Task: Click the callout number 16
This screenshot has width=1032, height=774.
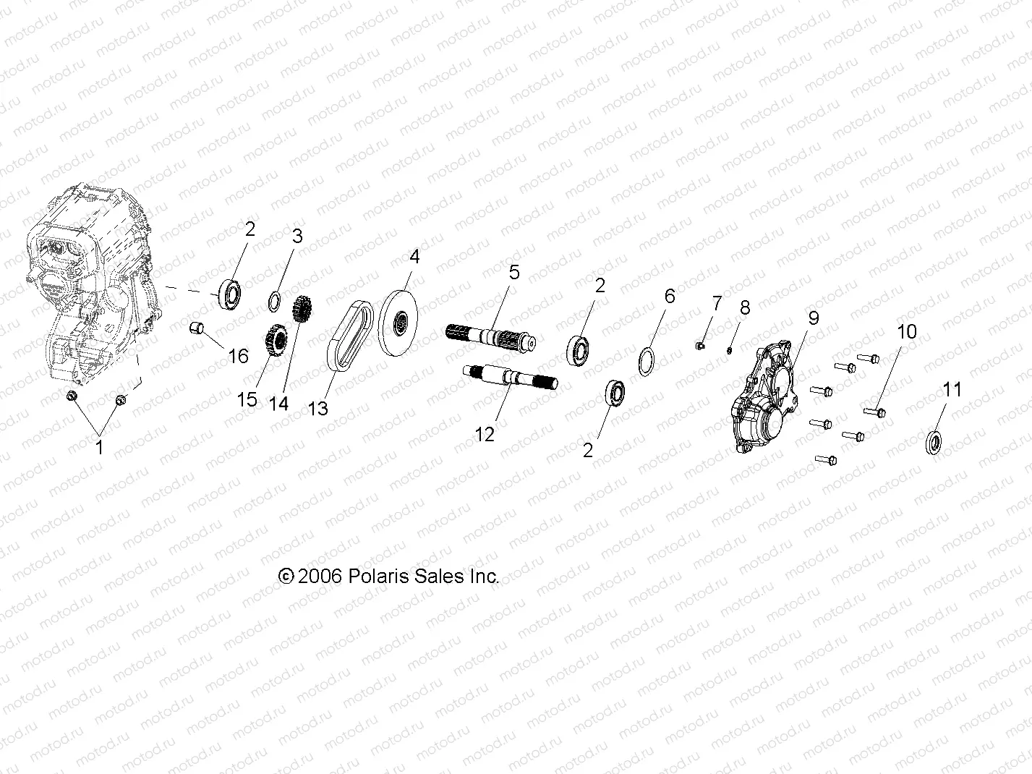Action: [x=238, y=356]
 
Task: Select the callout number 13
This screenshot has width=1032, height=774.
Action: [x=317, y=408]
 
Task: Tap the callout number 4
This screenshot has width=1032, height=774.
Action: [x=414, y=257]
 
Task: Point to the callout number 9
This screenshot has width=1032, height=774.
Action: [x=814, y=318]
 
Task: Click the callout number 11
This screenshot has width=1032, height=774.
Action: [x=952, y=389]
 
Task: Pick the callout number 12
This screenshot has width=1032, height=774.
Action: [x=485, y=435]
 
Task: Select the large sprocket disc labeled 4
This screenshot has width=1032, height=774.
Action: [x=398, y=323]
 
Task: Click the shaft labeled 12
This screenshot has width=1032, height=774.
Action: [x=510, y=377]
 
